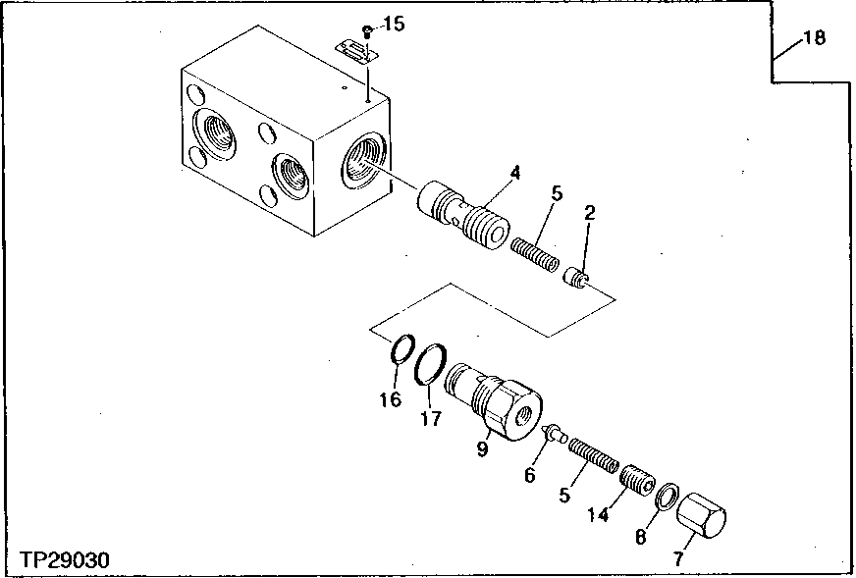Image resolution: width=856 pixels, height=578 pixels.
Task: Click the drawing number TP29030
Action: pyautogui.click(x=65, y=559)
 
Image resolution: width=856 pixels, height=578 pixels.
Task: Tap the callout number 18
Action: pyautogui.click(x=814, y=39)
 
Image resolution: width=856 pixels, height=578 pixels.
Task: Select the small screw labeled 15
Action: pyautogui.click(x=366, y=29)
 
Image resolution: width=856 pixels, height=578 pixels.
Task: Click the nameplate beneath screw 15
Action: pyautogui.click(x=354, y=51)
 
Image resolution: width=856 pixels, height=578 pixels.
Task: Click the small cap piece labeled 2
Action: pyautogui.click(x=577, y=280)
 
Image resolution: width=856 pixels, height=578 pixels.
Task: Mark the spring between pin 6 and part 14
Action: pyautogui.click(x=594, y=455)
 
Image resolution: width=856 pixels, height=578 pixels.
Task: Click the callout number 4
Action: pyautogui.click(x=514, y=174)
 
